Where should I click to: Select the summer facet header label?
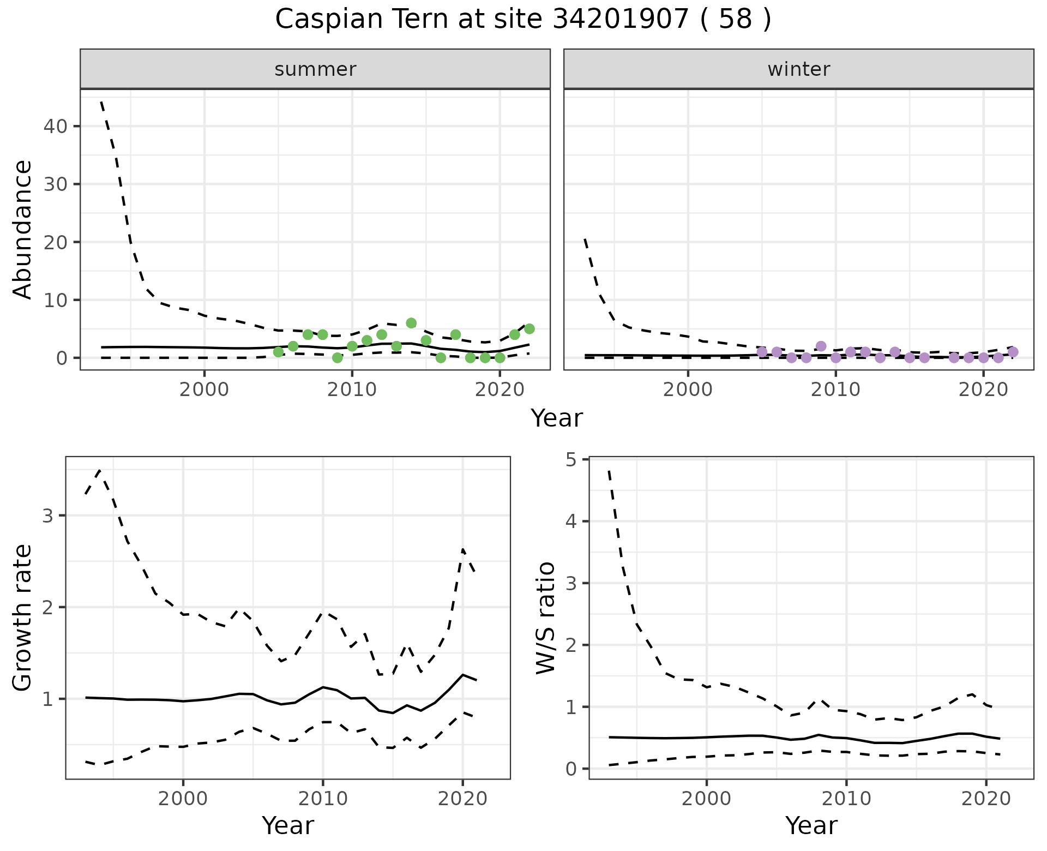coord(315,69)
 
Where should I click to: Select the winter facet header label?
coord(798,69)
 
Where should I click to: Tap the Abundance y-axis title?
coord(22,229)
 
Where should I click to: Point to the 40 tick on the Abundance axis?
coord(57,127)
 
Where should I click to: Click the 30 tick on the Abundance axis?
coord(57,184)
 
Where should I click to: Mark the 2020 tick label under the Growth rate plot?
coord(462,799)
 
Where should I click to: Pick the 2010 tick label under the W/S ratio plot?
coord(846,799)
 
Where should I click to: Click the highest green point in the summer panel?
coord(411,323)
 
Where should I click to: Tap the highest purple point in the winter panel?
coord(821,346)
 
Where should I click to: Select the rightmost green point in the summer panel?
coord(529,329)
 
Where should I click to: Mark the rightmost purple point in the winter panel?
coord(1013,352)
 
